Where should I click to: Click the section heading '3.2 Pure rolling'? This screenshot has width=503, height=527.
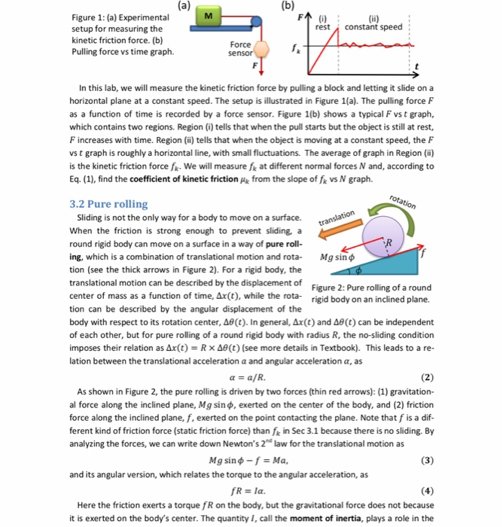pyautogui.click(x=108, y=204)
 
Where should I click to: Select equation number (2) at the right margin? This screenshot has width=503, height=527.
pyautogui.click(x=428, y=377)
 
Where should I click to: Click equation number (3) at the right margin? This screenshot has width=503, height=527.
pyautogui.click(x=428, y=459)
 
